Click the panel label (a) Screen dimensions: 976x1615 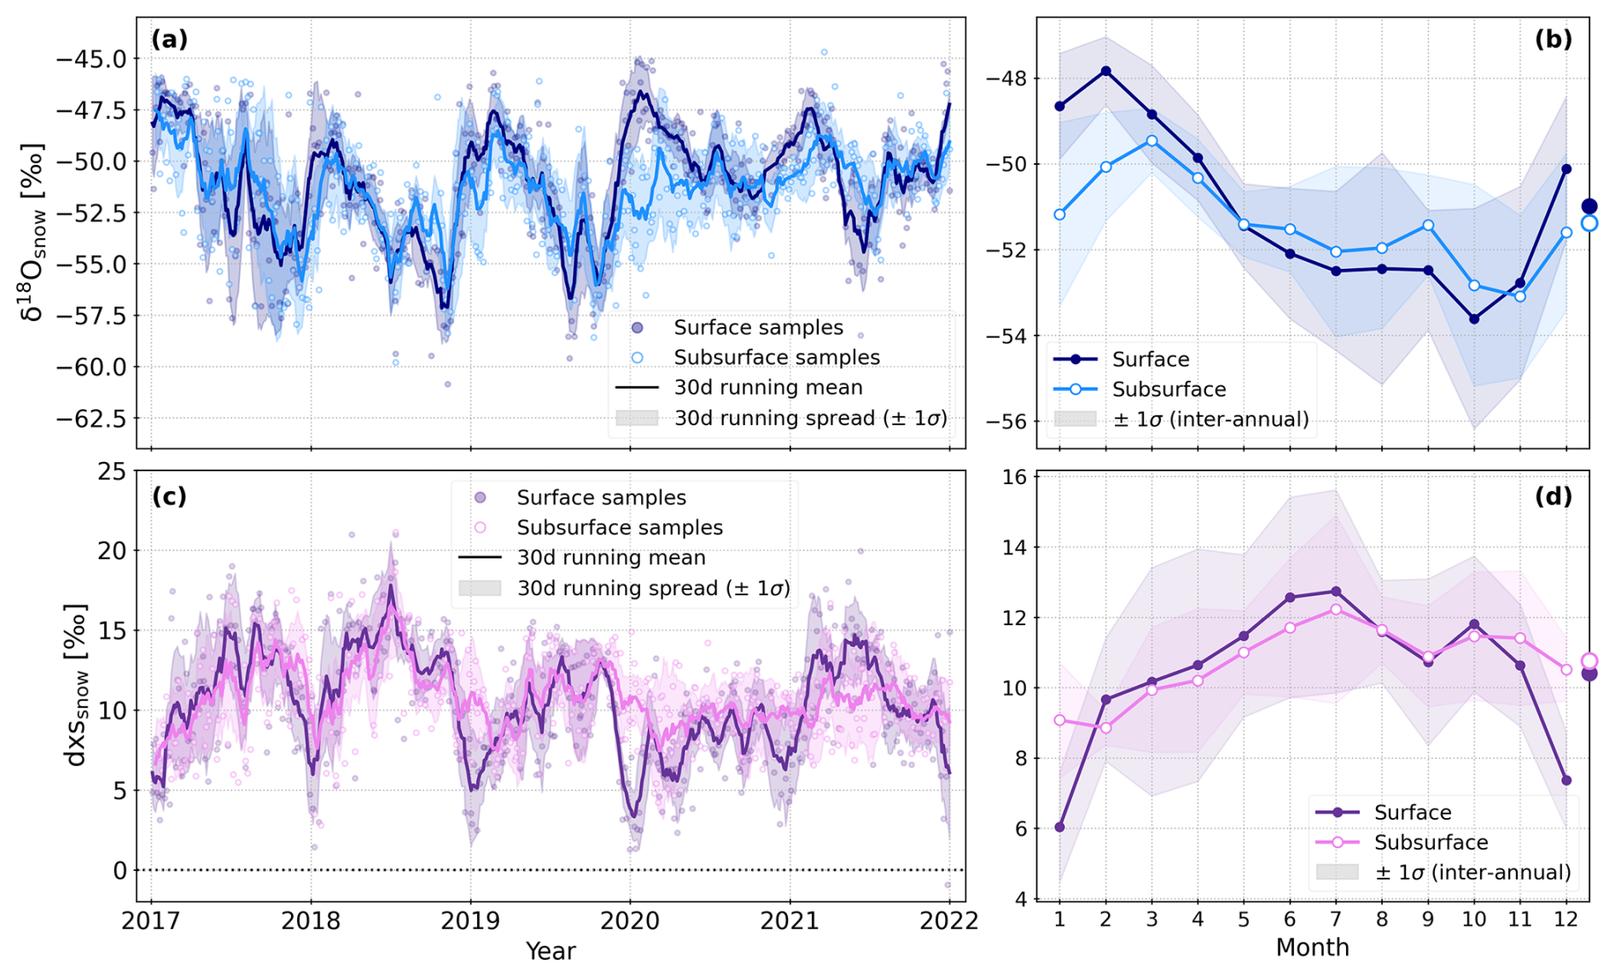tap(169, 39)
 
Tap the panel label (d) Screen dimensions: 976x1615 tap(1553, 496)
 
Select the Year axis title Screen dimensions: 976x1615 tap(551, 950)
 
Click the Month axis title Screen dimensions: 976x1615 tap(1312, 947)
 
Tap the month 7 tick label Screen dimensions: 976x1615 tap(1336, 920)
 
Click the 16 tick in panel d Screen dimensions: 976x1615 tap(1014, 476)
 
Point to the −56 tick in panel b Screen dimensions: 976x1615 tap(1007, 422)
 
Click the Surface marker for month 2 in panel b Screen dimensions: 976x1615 tap(1105, 71)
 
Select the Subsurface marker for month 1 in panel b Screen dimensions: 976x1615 tap(1059, 214)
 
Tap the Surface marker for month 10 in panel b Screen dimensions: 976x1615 tap(1474, 319)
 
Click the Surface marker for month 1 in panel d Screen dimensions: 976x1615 tap(1059, 827)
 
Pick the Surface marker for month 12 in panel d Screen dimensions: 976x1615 tap(1566, 780)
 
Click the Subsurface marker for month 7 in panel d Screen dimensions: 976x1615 tap(1336, 609)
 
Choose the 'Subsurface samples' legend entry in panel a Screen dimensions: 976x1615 tap(776, 357)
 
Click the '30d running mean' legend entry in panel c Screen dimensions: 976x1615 tap(610, 558)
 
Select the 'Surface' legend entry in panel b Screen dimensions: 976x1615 tap(1150, 359)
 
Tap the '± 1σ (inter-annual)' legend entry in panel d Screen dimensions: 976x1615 tap(1472, 872)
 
